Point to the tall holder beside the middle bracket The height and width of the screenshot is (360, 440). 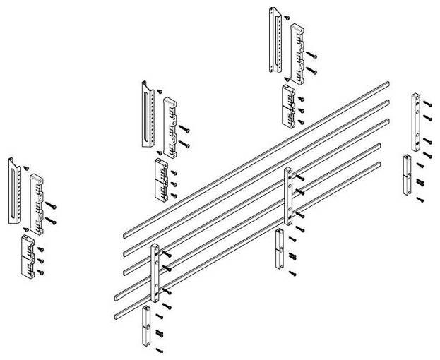pos(170,127)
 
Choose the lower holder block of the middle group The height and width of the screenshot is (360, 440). pos(160,180)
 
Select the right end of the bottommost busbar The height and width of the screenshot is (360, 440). pos(379,164)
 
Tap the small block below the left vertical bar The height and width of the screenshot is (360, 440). pos(147,325)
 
